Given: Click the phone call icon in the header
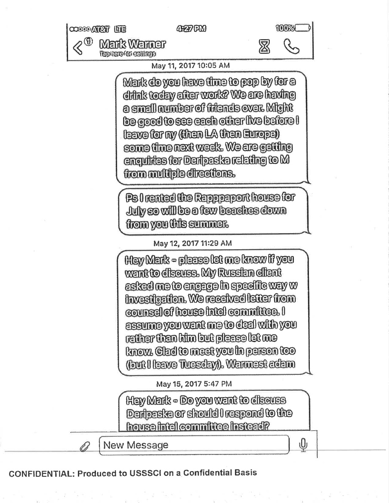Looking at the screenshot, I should click(x=292, y=46).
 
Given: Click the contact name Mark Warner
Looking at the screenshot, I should click(x=132, y=44).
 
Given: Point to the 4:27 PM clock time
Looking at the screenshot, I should click(x=191, y=29).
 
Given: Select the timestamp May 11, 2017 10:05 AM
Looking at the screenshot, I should click(x=191, y=65).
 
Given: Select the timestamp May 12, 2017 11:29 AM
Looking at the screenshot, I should click(x=193, y=243).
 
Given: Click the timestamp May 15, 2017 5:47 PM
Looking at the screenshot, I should click(x=194, y=383).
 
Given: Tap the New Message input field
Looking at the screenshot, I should click(x=194, y=445).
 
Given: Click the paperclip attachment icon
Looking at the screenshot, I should click(x=83, y=447).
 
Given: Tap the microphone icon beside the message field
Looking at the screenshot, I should click(x=303, y=445).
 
